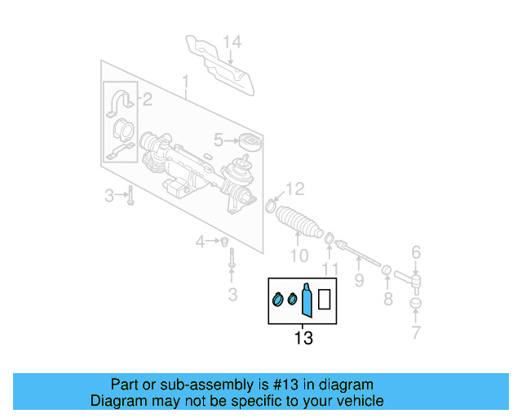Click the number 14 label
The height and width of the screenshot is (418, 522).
coord(232,42)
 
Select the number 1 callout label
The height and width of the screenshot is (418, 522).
coord(185,82)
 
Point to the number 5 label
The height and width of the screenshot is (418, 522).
coord(219,140)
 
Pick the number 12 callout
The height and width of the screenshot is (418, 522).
coord(294,189)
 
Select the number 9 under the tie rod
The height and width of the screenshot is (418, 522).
coord(359,282)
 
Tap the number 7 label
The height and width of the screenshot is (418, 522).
coord(416,332)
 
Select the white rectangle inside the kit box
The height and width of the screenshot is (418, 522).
coord(324,300)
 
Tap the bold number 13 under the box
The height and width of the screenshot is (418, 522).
coord(303,337)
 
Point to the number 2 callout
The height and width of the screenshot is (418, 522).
coord(147,100)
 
